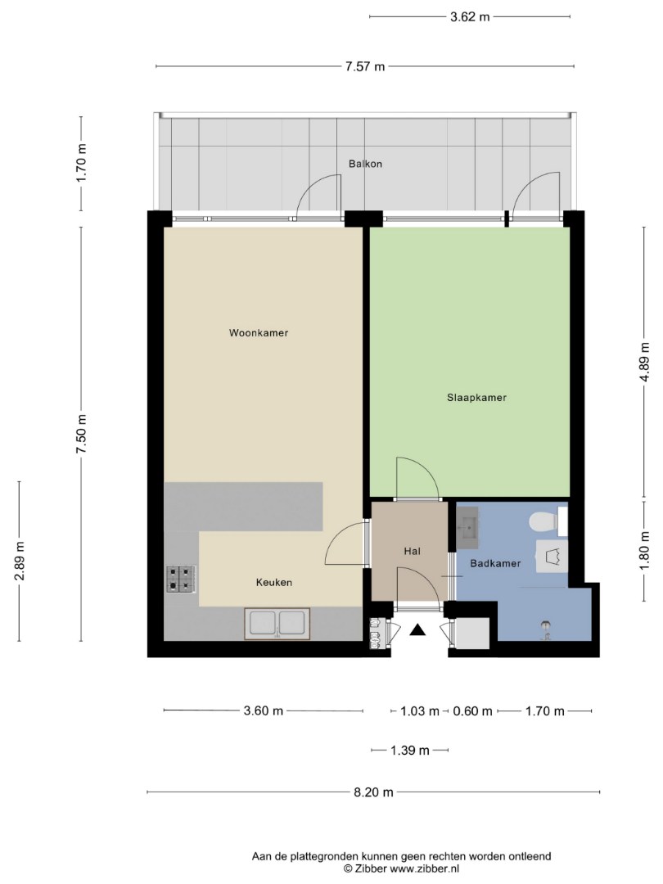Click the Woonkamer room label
click(258, 332)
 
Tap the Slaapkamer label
click(476, 398)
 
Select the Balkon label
click(365, 164)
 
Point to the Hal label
click(412, 552)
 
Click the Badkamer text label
click(495, 563)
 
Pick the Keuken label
click(274, 583)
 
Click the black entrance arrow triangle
click(417, 629)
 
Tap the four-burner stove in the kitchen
click(181, 579)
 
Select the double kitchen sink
click(277, 624)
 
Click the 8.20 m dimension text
click(373, 792)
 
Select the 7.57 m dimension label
click(365, 66)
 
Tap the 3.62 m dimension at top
click(470, 17)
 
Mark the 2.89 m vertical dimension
click(20, 561)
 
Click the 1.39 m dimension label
click(410, 751)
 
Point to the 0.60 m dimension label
click(472, 711)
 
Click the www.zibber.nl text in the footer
click(425, 868)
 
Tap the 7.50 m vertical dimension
click(82, 434)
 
